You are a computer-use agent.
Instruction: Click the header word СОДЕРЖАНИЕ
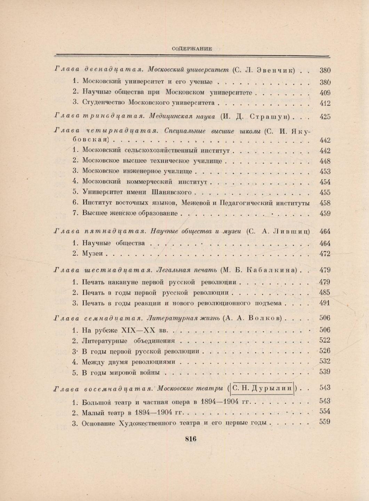(x=192, y=49)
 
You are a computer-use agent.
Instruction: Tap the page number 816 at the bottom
(x=191, y=439)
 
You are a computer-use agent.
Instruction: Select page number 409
(x=325, y=93)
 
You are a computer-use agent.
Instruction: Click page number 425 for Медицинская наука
(x=325, y=117)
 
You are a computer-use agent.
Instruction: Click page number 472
(x=325, y=254)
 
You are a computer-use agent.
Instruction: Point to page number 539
(x=325, y=372)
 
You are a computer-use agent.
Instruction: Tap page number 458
(x=325, y=203)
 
